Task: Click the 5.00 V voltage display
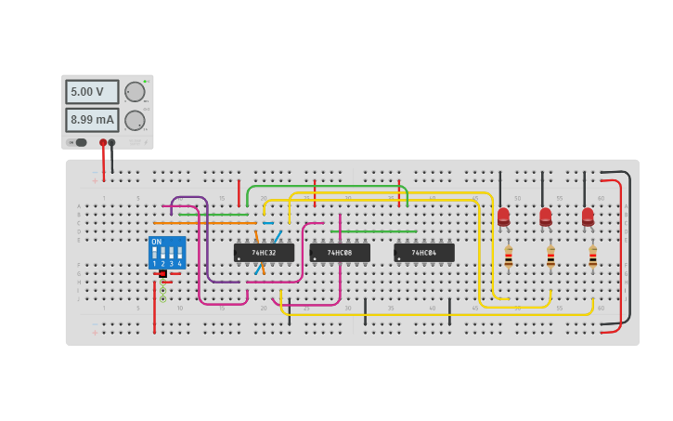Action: point(91,92)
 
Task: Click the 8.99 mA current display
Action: point(91,120)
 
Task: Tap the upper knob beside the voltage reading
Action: point(135,92)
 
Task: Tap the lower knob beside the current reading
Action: point(135,121)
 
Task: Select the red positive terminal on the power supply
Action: point(103,142)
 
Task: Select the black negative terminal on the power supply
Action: point(111,142)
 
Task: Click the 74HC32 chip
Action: point(264,253)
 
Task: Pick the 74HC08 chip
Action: point(340,253)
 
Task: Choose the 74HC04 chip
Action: point(424,253)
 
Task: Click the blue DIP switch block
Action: point(167,253)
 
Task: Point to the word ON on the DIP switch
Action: point(156,243)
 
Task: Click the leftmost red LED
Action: point(503,217)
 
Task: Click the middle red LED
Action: point(546,217)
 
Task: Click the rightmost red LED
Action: point(588,217)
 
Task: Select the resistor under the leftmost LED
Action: point(508,257)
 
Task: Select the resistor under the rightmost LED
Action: point(592,257)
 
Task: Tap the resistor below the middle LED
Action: point(550,257)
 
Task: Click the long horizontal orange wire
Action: point(204,223)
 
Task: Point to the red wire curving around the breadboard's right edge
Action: point(619,251)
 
